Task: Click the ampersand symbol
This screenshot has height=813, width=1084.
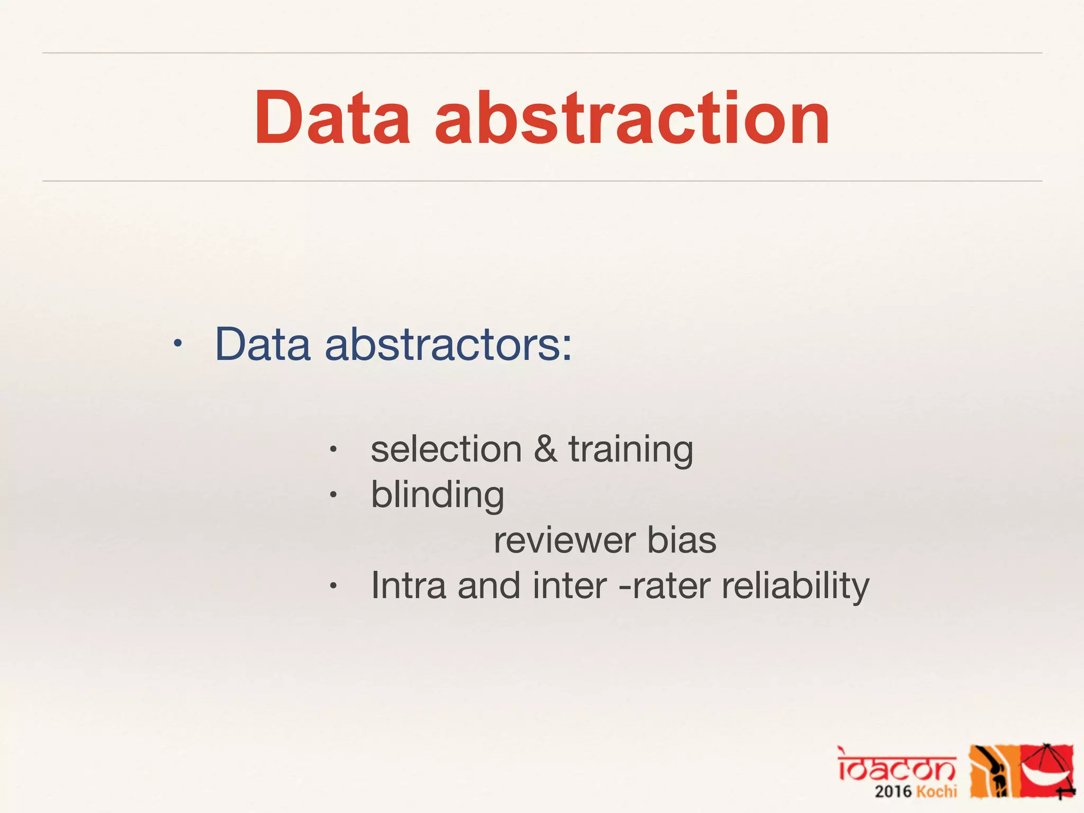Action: tap(545, 449)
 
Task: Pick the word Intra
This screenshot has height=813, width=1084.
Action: tap(408, 586)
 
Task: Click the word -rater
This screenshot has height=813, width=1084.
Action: tap(664, 586)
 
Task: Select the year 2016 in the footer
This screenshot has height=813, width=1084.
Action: tap(893, 792)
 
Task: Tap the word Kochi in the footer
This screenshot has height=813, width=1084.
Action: tap(937, 792)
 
